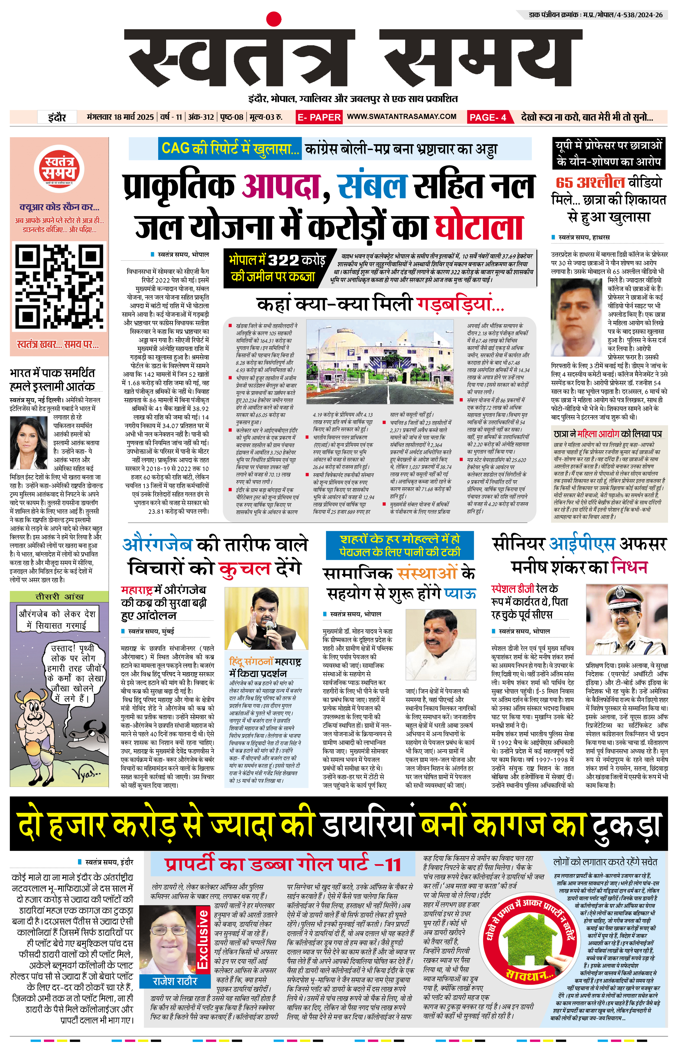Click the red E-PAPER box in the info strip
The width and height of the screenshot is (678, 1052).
click(319, 117)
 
